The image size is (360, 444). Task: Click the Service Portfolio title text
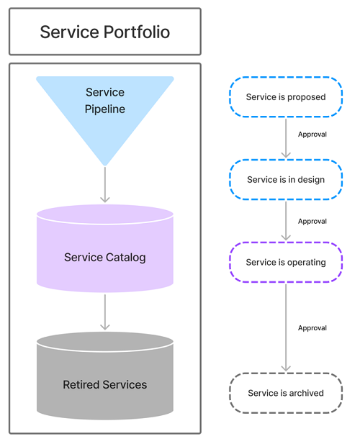click(x=105, y=32)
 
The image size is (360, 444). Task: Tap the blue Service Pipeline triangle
click(x=105, y=113)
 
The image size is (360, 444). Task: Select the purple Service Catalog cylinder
click(x=105, y=248)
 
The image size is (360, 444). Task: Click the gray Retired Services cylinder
click(x=105, y=376)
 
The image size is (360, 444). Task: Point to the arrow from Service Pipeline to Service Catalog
click(x=105, y=185)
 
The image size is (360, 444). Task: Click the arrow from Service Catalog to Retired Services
click(x=105, y=312)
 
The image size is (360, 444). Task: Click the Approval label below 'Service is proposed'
click(x=312, y=135)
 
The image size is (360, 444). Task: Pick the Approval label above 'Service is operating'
click(x=312, y=222)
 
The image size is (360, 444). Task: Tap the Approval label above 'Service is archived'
click(x=312, y=328)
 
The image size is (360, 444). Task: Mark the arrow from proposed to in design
click(x=286, y=138)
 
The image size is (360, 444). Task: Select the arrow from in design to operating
click(x=286, y=221)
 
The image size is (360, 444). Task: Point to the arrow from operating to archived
click(x=286, y=327)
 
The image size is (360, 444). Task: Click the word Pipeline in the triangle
click(x=105, y=109)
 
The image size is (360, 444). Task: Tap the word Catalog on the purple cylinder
click(x=126, y=258)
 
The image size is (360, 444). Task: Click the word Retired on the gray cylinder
click(x=81, y=384)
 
